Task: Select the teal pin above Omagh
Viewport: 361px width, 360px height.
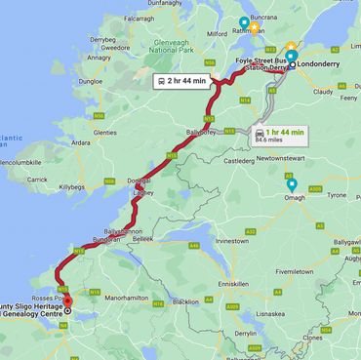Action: pos(291,185)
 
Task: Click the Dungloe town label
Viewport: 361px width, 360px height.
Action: pos(90,82)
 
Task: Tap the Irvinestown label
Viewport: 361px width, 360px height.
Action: pos(233,239)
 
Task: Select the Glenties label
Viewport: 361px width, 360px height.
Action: pos(104,132)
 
